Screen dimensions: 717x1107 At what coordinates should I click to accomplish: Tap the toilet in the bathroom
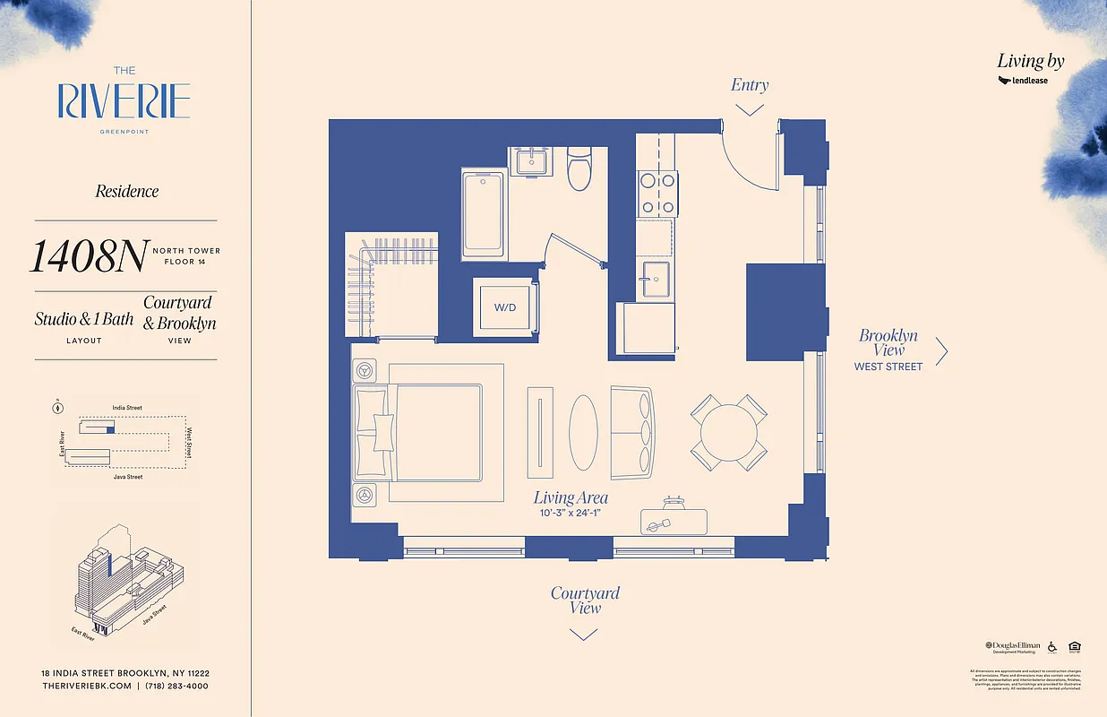pos(580,168)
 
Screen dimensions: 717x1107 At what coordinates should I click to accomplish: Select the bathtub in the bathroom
pos(485,215)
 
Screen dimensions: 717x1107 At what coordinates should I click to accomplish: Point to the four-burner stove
pos(657,194)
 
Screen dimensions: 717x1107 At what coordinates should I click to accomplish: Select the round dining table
pos(728,432)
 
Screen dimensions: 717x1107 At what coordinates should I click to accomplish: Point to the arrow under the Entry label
pos(749,109)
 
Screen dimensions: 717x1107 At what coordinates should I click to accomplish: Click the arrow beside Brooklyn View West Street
pos(941,351)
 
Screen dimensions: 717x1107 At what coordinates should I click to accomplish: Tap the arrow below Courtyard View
pos(583,635)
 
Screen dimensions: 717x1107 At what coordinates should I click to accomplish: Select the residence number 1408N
pos(88,257)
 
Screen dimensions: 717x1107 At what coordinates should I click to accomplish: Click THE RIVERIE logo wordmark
pos(124,100)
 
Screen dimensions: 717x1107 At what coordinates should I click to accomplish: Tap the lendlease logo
pos(1023,81)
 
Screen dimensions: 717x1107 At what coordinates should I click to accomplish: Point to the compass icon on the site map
pos(58,408)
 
